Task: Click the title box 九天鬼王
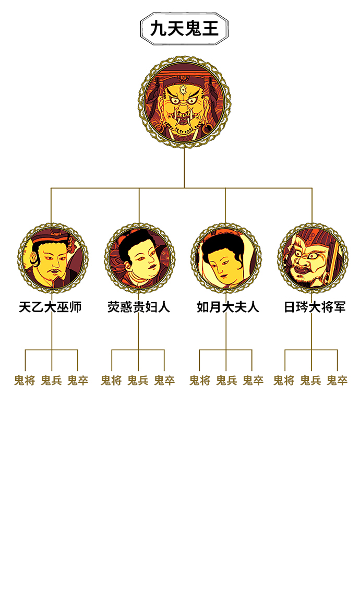point(184,28)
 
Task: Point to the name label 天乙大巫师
point(51,307)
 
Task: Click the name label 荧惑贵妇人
point(139,307)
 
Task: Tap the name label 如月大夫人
point(227,307)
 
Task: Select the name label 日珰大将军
point(315,307)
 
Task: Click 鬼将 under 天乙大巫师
point(25,380)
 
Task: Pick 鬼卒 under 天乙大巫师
point(78,380)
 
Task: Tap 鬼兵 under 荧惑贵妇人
point(138,380)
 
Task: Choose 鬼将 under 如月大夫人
point(200,380)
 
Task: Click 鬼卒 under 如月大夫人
point(253,380)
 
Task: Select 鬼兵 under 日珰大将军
point(310,380)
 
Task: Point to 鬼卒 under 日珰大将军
point(337,380)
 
